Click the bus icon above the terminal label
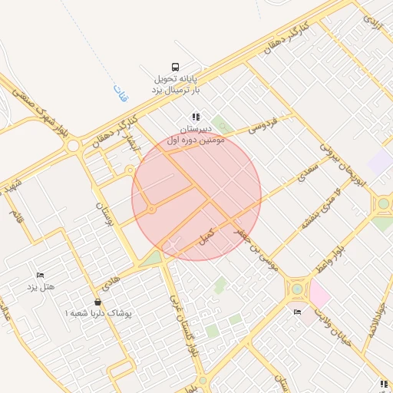177,67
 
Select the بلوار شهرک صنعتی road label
42,116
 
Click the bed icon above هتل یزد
40,275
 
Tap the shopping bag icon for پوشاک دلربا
97,302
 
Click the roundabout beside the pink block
296,290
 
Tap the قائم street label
17,217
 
